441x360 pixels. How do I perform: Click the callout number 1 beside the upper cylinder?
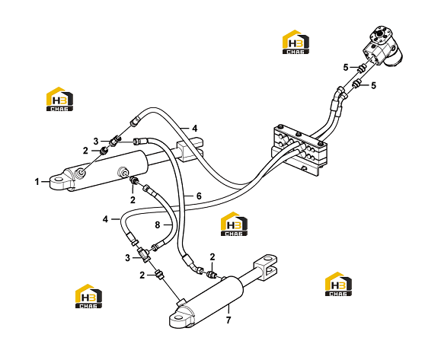coord(37,182)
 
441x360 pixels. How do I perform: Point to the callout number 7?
coord(228,320)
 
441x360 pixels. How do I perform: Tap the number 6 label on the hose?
coord(199,196)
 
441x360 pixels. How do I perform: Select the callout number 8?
coord(158,225)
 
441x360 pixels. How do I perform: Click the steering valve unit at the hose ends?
coord(383,46)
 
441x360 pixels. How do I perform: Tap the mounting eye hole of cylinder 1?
coord(58,180)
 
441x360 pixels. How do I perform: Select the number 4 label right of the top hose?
coord(195,129)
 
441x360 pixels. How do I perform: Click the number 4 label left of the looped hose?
coord(105,219)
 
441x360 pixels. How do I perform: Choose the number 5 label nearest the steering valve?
coord(346,68)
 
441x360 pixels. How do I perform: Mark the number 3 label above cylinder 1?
coord(96,141)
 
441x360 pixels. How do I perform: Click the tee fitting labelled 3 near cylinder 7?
coord(144,255)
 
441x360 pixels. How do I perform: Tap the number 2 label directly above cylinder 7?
coord(213,257)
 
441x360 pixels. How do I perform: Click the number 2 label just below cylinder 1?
coord(133,200)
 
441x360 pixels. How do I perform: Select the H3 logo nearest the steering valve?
coord(296,42)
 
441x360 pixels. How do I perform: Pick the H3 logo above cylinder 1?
coord(59,99)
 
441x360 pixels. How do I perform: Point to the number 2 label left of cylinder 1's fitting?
coord(85,151)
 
